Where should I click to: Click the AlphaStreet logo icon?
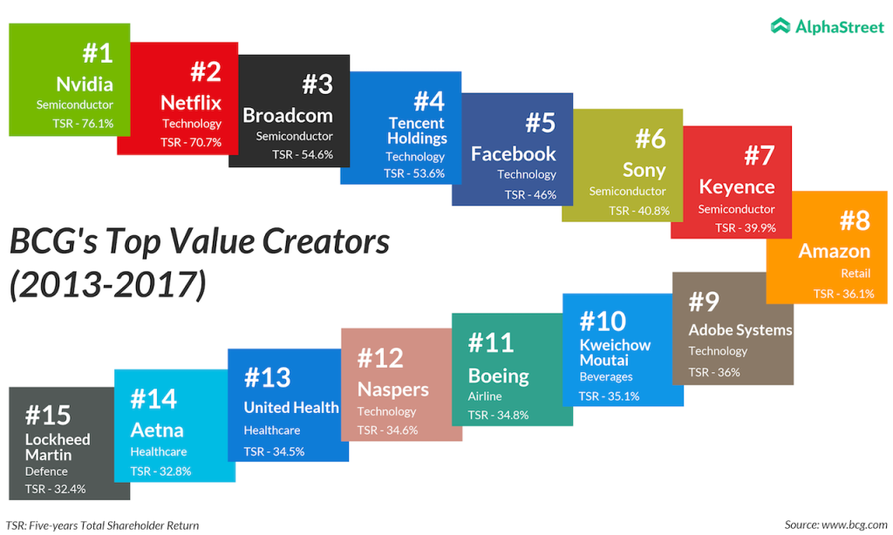point(781,26)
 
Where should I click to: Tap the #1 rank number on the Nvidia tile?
point(98,53)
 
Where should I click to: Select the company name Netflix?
point(191,103)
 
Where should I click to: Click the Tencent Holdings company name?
point(417,131)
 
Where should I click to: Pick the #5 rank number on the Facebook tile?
point(541,123)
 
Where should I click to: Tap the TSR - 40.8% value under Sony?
point(639,210)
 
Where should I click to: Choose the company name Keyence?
point(737,186)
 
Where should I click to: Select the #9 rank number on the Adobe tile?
point(704,301)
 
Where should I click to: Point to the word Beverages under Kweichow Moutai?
point(606,377)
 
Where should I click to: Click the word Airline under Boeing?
point(485,396)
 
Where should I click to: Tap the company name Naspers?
point(393,389)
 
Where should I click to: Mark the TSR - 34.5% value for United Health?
point(273,451)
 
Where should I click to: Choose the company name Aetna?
point(157,430)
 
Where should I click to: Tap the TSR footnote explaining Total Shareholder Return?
point(102,525)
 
